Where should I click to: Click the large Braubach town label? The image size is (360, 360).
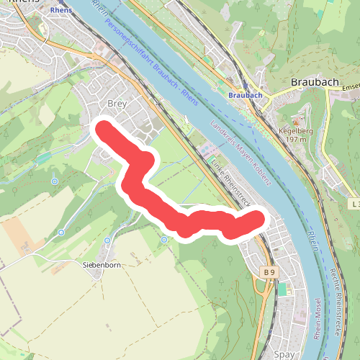[315, 82]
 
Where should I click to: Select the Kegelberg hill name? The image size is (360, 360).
[295, 132]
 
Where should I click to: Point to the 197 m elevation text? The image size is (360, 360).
[295, 140]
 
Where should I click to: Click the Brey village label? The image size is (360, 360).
[116, 104]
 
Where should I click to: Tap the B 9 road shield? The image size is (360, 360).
[269, 272]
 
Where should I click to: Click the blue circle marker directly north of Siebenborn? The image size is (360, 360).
[107, 240]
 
